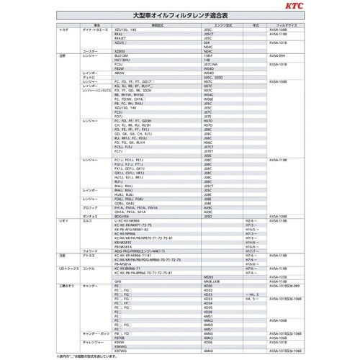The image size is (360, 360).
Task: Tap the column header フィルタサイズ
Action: pyautogui.click(x=281, y=24)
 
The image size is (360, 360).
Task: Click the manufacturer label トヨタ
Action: pyautogui.click(x=63, y=29)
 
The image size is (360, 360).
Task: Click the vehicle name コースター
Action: pyautogui.click(x=91, y=51)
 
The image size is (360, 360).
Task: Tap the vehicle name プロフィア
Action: pyautogui.click(x=91, y=207)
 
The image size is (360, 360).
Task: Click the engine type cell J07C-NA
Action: pyautogui.click(x=210, y=64)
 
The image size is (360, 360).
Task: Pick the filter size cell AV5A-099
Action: pyautogui.click(x=278, y=55)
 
